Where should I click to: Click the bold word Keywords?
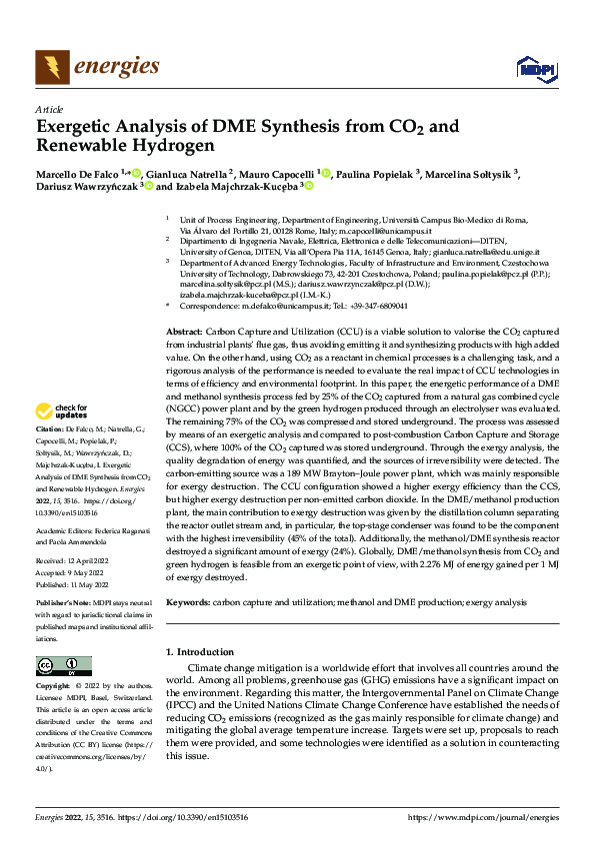pyautogui.click(x=188, y=603)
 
